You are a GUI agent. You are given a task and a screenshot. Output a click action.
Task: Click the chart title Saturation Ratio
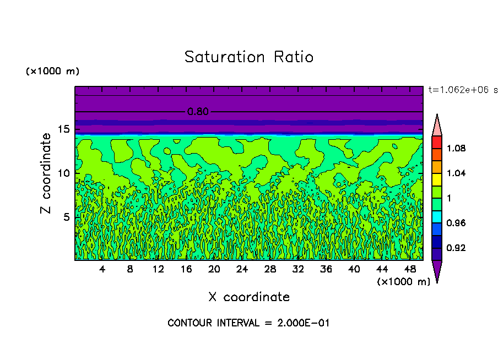coord(249,57)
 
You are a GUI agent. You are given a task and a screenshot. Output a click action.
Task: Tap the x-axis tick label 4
coord(102,269)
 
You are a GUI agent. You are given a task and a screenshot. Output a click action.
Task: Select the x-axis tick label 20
coord(214,269)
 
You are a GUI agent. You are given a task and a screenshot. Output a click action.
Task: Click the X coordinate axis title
coord(249,297)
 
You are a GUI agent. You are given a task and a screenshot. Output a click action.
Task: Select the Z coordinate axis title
coord(46,173)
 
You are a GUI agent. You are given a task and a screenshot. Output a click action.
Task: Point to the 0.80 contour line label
coord(198,112)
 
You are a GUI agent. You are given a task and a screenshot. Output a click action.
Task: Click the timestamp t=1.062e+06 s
coord(463,89)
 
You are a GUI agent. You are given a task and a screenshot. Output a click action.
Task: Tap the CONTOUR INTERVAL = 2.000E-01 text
coord(248,323)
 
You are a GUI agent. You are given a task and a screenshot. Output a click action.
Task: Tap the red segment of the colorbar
coord(436,141)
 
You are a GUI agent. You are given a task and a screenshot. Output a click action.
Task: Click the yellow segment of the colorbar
coord(436,179)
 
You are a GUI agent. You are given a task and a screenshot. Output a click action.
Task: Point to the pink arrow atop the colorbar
coord(436,126)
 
